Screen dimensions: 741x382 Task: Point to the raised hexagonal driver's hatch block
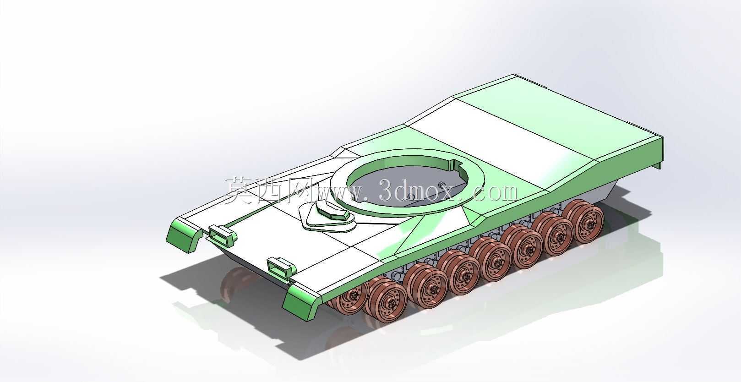333,210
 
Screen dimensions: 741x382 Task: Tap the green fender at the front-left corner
185,235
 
